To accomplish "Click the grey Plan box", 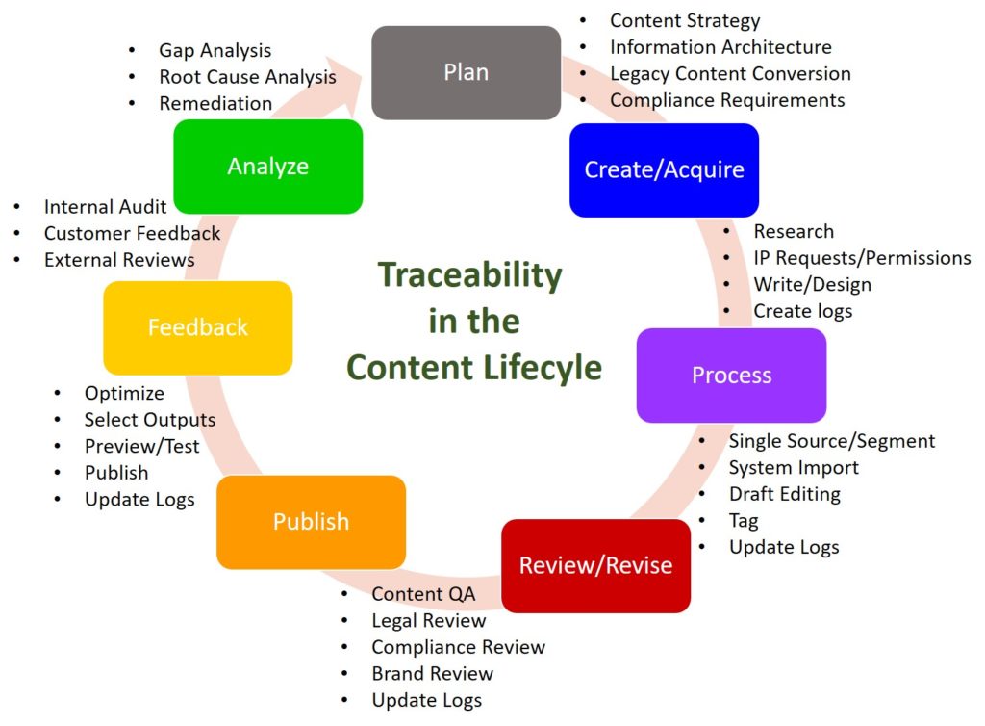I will (x=466, y=72).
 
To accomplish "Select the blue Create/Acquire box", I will (x=664, y=169).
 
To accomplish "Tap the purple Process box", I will (x=731, y=375).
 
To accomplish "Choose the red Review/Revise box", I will (x=595, y=565).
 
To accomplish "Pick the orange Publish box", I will (x=311, y=521).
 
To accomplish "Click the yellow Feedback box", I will (x=197, y=327).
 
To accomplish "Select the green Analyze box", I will (x=267, y=166).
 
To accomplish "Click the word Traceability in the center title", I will (x=469, y=274).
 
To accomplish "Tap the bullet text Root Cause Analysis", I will (x=247, y=77).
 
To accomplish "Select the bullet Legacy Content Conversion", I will (x=729, y=73).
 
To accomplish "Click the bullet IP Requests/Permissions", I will (x=861, y=258).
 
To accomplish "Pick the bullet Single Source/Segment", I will (x=831, y=441).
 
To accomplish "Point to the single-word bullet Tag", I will (x=744, y=521).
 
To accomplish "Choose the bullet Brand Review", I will (x=432, y=673).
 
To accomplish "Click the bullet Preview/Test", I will (x=141, y=446).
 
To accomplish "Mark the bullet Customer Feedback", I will (x=132, y=233).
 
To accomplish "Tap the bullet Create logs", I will (x=802, y=311).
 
